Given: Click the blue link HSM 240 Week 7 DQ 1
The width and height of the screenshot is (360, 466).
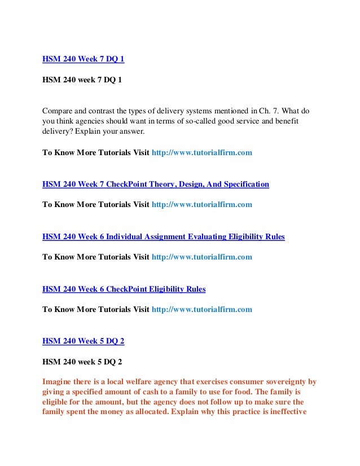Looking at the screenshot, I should click(84, 58).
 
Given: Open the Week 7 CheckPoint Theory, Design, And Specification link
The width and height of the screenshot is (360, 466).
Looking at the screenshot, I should click(156, 184).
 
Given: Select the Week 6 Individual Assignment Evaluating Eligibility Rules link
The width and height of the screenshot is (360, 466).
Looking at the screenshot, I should click(164, 237).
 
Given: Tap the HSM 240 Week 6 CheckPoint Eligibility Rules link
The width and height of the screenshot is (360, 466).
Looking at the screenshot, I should click(124, 289).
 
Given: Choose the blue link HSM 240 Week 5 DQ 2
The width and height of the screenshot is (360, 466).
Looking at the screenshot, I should click(84, 341).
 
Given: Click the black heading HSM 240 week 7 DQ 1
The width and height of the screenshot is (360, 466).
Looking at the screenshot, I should click(82, 80).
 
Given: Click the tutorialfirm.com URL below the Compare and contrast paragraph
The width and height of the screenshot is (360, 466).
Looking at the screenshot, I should click(203, 152).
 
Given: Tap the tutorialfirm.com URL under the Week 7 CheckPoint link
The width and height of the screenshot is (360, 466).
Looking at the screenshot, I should click(203, 205).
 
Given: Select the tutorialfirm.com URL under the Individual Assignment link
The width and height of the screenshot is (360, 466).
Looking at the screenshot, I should click(203, 257).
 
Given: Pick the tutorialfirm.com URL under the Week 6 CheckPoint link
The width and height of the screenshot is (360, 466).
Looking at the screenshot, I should click(203, 310).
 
